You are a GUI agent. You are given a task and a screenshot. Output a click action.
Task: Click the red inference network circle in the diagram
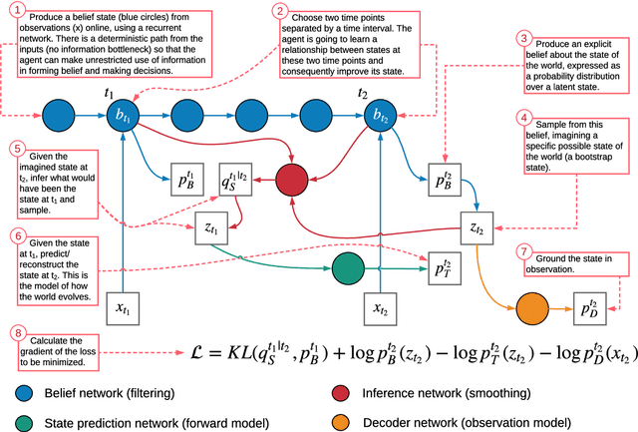(x=292, y=181)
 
